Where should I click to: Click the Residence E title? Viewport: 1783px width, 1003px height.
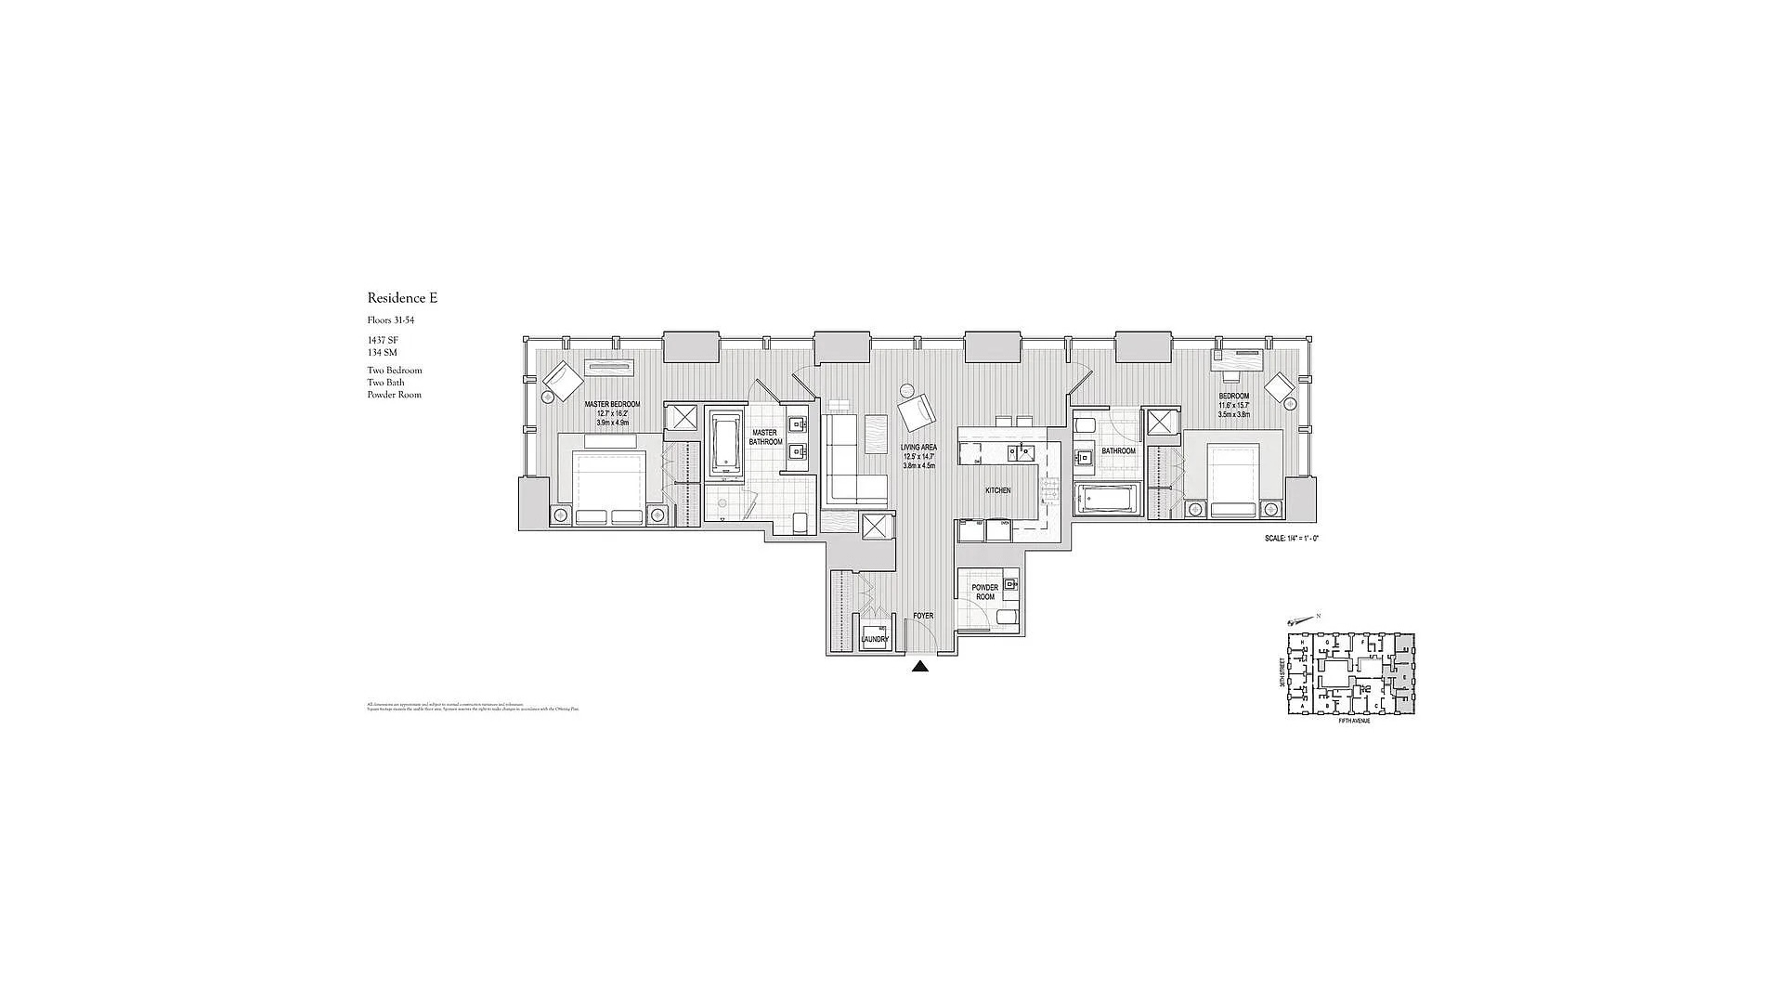point(401,298)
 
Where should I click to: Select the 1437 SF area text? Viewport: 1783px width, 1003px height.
point(383,341)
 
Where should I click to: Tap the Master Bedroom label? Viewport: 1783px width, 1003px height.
point(612,405)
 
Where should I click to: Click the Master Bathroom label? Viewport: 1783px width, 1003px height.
point(765,437)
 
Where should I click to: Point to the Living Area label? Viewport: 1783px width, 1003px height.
point(918,448)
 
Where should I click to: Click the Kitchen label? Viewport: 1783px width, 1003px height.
point(997,490)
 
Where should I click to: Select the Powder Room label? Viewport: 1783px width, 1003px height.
point(984,592)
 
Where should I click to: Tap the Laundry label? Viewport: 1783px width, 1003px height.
point(874,639)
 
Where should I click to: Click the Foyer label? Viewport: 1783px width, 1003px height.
point(922,616)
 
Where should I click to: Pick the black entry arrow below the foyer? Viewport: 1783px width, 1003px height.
point(919,666)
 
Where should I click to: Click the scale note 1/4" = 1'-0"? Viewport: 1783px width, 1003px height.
point(1291,539)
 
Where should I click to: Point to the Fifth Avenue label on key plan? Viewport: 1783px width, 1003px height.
point(1353,722)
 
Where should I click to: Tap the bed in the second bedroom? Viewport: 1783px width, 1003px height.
point(1232,480)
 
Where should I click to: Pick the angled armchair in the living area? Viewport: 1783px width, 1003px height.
point(916,412)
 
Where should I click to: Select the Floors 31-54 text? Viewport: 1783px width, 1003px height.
point(390,320)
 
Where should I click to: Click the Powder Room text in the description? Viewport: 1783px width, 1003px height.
point(394,395)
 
